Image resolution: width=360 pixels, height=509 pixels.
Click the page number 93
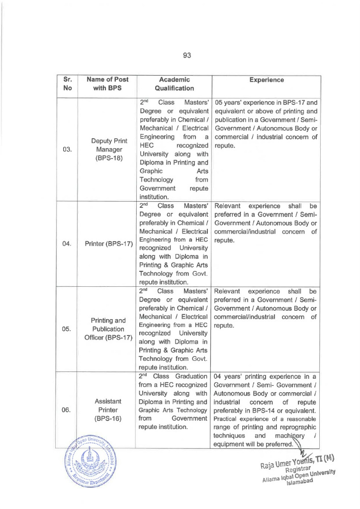pyautogui.click(x=187, y=55)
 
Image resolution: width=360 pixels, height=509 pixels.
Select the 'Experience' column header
pyautogui.click(x=267, y=80)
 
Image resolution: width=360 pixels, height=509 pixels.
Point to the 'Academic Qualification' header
pyautogui.click(x=174, y=84)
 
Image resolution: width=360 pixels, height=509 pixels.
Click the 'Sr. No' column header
pyautogui.click(x=68, y=84)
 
